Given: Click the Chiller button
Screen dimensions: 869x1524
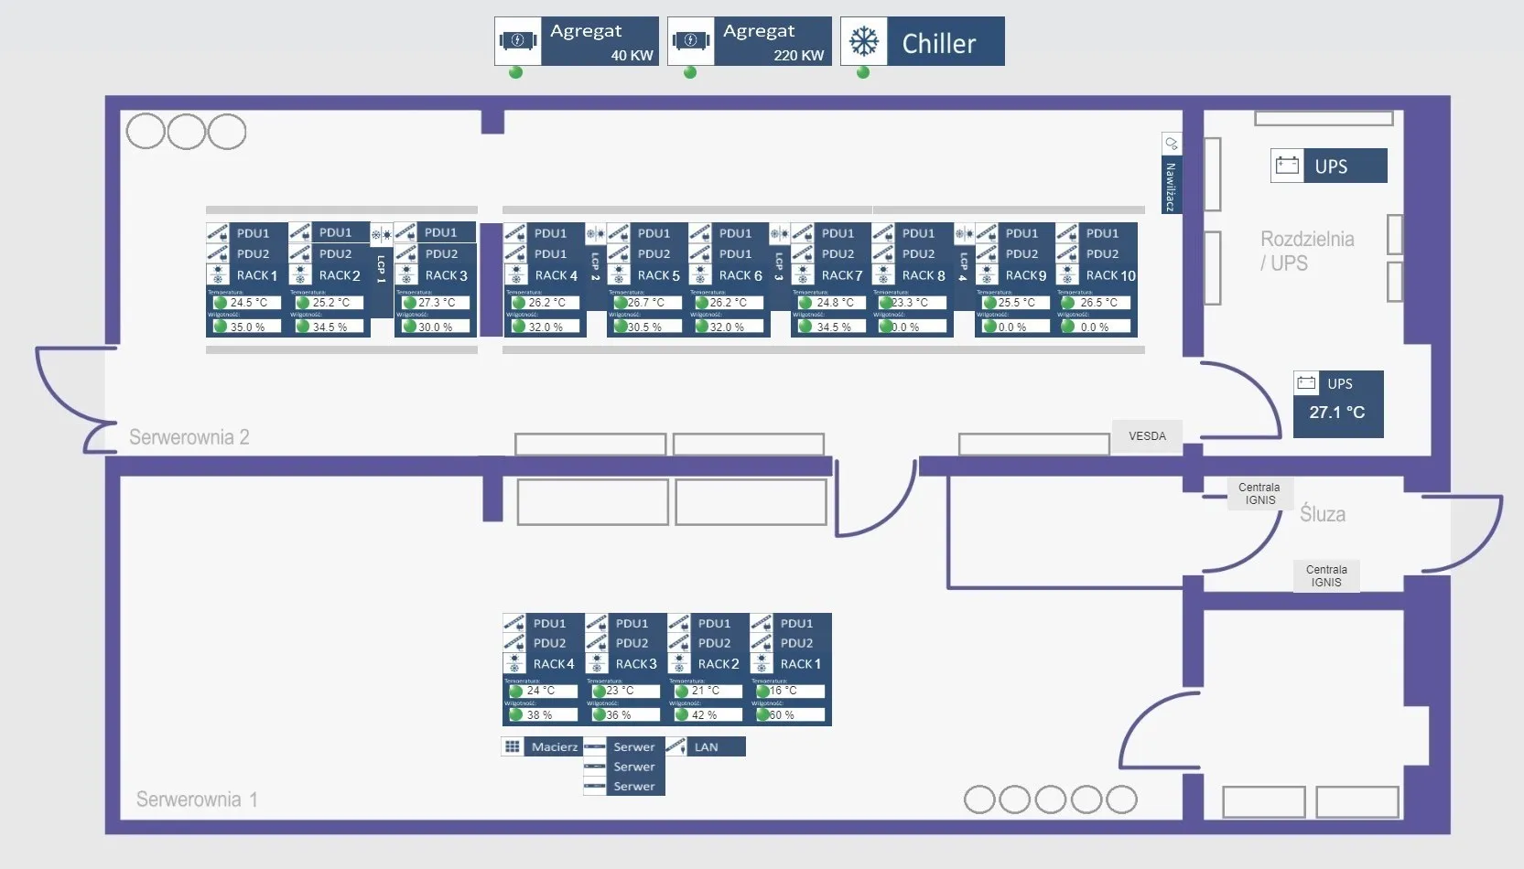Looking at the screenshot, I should point(922,42).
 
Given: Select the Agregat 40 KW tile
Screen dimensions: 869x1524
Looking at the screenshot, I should point(577,42).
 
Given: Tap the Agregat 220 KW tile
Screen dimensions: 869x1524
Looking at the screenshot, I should point(750,42).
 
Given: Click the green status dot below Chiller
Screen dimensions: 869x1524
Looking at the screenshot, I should point(863,72).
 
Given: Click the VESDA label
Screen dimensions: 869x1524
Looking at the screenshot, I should point(1147,436).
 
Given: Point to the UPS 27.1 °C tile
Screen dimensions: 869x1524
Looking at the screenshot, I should point(1337,404).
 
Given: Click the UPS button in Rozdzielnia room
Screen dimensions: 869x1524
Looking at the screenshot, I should point(1329,166).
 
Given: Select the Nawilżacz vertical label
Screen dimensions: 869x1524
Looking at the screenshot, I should point(1170,186).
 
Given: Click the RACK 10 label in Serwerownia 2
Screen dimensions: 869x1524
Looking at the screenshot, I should point(1109,275).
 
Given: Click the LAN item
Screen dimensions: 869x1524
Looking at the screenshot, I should point(706,747).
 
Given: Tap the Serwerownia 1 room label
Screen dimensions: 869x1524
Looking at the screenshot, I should point(197,799).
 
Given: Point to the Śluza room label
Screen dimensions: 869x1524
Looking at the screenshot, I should point(1323,514).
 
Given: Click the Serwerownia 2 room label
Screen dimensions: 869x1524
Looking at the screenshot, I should point(189,437).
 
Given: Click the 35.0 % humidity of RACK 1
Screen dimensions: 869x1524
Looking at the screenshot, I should point(246,327).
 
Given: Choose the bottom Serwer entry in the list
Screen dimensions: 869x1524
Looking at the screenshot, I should point(633,787).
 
